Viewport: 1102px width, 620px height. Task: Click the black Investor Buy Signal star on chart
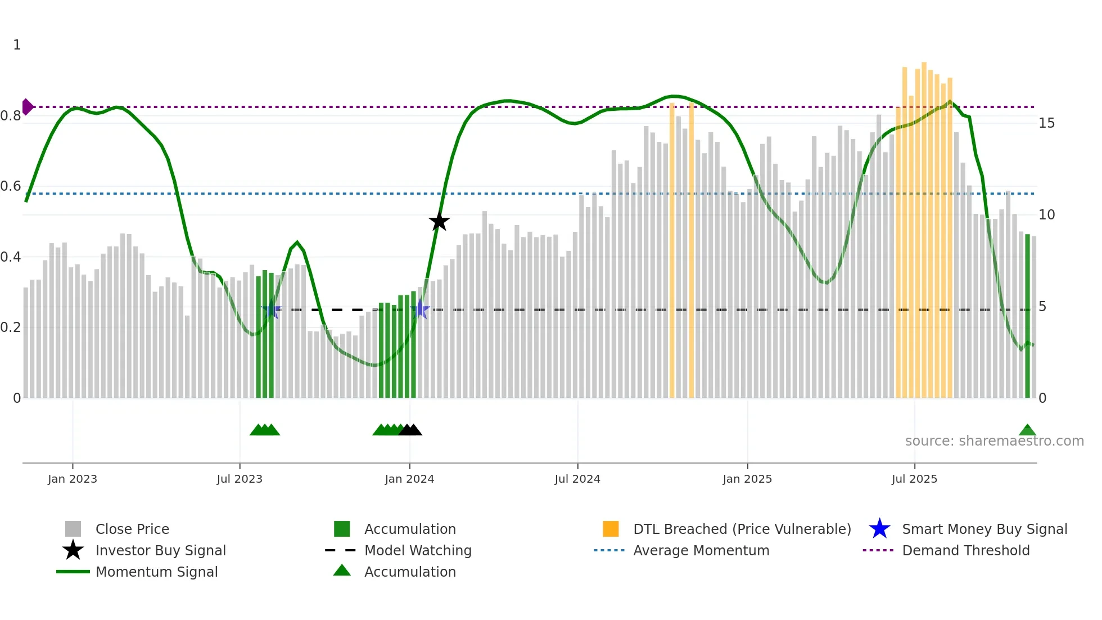pyautogui.click(x=439, y=222)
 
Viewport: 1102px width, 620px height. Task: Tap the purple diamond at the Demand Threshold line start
pyautogui.click(x=27, y=106)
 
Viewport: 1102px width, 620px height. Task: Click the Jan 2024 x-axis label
pyautogui.click(x=409, y=479)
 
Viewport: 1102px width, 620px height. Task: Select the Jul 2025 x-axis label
pyautogui.click(x=914, y=479)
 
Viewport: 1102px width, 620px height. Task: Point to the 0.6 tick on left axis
pyautogui.click(x=10, y=186)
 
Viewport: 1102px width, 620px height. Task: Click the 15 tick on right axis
pyautogui.click(x=1046, y=123)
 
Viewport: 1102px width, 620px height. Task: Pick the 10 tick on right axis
pyautogui.click(x=1046, y=214)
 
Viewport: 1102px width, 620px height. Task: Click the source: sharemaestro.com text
pyautogui.click(x=994, y=441)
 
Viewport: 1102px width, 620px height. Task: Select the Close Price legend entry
pyautogui.click(x=132, y=529)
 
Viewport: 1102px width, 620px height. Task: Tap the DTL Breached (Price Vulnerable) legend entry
pyautogui.click(x=742, y=529)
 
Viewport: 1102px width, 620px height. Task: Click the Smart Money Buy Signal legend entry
pyautogui.click(x=984, y=529)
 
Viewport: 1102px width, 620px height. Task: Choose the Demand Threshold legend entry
pyautogui.click(x=965, y=550)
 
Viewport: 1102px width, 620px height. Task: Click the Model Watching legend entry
pyautogui.click(x=417, y=550)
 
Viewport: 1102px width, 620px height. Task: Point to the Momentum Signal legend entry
pyautogui.click(x=156, y=572)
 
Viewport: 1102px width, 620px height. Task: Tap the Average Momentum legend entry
pyautogui.click(x=701, y=550)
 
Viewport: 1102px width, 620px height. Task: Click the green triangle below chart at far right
pyautogui.click(x=1027, y=430)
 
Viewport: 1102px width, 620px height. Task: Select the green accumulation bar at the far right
pyautogui.click(x=1027, y=315)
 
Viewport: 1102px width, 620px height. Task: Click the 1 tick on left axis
pyautogui.click(x=17, y=45)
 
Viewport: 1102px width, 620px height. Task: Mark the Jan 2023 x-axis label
pyautogui.click(x=72, y=479)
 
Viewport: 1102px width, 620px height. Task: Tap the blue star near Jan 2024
pyautogui.click(x=420, y=309)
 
